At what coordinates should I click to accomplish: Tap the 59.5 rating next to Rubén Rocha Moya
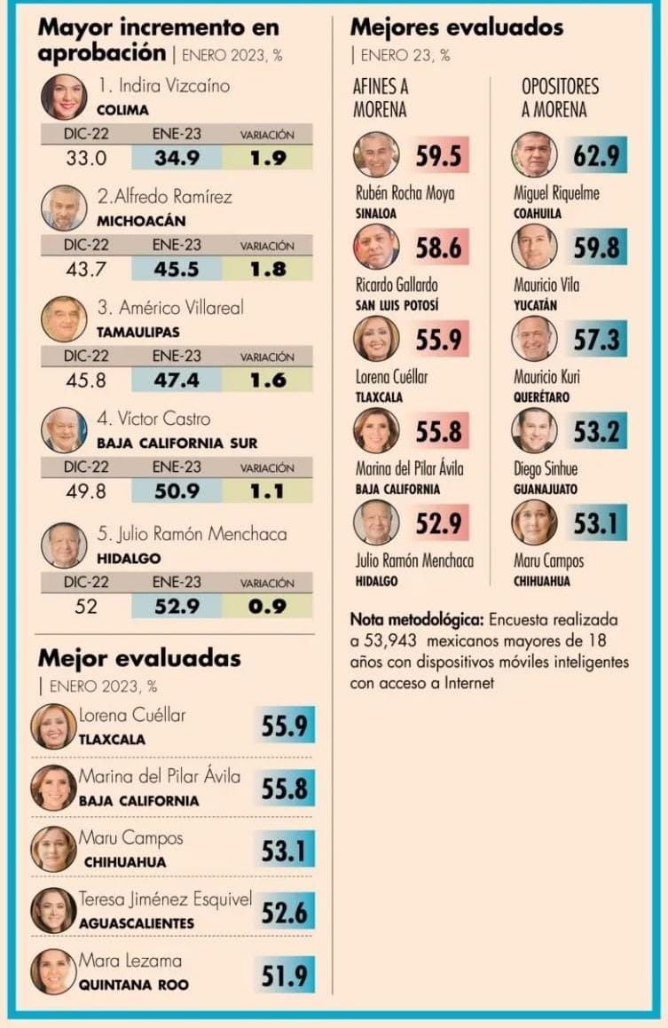(439, 156)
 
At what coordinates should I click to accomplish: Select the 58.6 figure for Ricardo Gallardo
(439, 247)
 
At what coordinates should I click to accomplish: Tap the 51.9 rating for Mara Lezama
(284, 976)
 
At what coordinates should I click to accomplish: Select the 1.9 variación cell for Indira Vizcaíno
(267, 158)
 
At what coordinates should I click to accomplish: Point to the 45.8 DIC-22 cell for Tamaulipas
(86, 380)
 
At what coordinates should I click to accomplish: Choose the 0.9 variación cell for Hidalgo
(267, 607)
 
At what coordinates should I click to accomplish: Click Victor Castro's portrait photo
(64, 430)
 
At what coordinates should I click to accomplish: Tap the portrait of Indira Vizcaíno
(64, 98)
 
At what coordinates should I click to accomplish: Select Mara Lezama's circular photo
(53, 971)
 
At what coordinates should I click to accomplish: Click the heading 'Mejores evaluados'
(456, 27)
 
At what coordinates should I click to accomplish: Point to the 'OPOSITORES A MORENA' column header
(560, 98)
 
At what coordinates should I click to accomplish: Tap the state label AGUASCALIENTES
(137, 923)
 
